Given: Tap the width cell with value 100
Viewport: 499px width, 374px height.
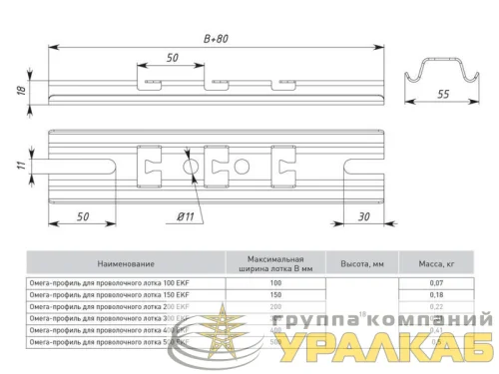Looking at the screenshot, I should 275,284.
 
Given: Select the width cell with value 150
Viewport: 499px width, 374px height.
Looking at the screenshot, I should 275,295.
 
